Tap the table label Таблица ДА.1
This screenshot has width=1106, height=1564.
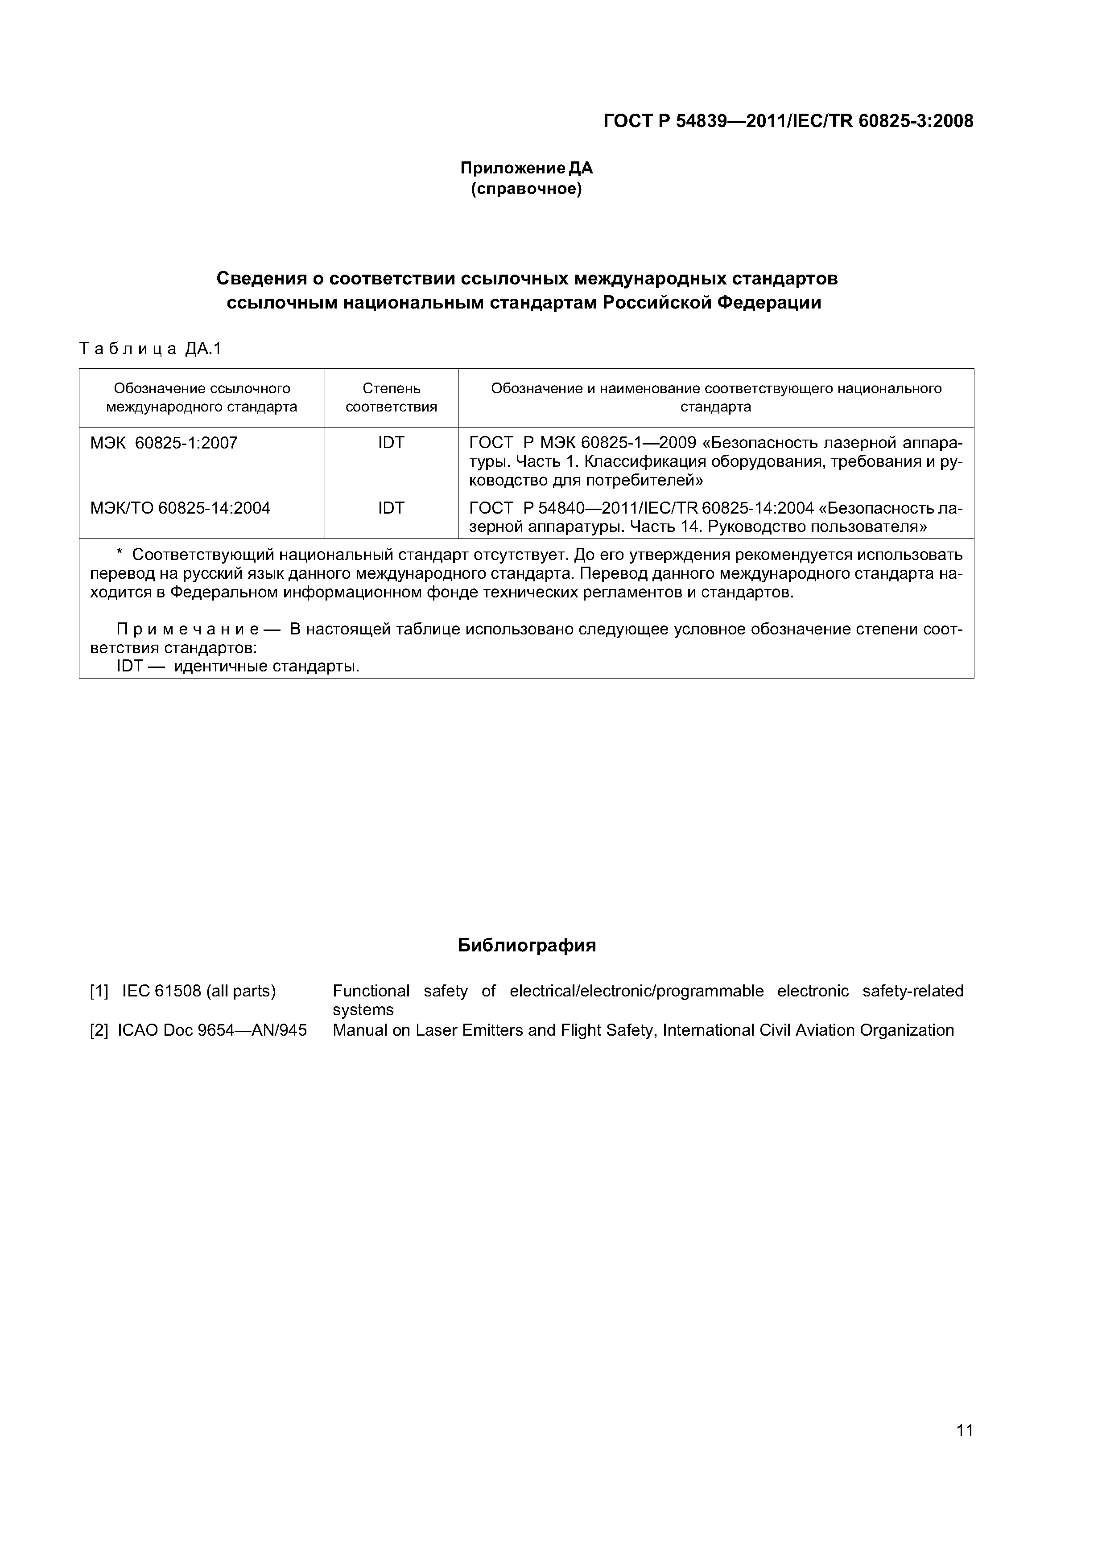151,350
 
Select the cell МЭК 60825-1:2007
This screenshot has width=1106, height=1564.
164,444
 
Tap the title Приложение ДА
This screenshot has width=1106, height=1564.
526,168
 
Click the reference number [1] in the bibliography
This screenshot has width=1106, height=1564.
99,991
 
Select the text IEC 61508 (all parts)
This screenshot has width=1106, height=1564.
199,991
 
